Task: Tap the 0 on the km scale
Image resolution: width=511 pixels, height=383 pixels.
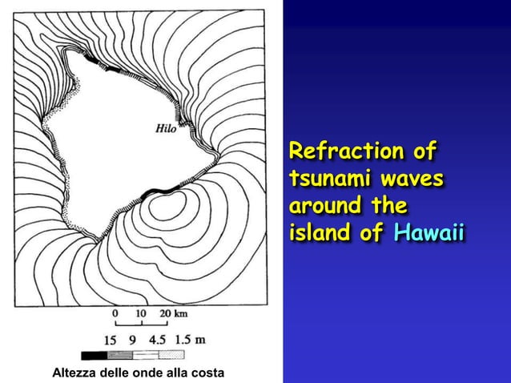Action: (116, 312)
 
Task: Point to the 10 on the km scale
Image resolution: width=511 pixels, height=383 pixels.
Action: (142, 312)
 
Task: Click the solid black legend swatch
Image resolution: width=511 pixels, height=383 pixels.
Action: (94, 355)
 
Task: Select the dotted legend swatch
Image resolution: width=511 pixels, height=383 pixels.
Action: (171, 355)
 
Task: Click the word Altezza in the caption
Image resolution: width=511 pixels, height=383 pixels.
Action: (74, 373)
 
